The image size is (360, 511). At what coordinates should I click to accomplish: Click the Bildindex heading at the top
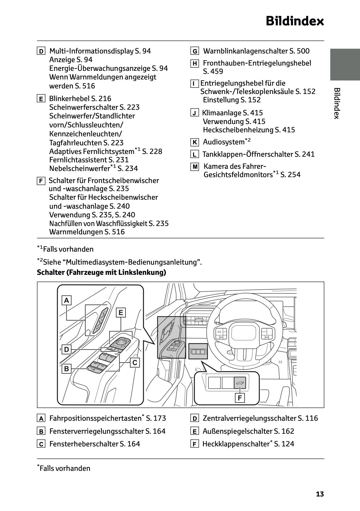pos(294,21)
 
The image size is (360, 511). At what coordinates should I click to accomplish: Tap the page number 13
pos(320,494)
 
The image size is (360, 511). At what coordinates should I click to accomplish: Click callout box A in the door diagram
pos(66,300)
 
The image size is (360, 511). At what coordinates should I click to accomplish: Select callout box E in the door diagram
pos(121,313)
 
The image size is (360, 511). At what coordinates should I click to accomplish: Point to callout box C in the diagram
pos(135,362)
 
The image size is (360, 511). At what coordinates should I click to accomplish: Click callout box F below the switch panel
pos(239,398)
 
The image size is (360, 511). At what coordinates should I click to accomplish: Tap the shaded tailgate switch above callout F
pos(240,383)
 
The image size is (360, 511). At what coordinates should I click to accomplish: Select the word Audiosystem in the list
pos(223,142)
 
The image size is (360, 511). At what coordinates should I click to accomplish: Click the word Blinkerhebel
pos(69,99)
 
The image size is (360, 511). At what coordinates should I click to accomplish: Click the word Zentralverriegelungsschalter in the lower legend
pos(249,418)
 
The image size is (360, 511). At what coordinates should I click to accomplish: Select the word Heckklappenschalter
pos(236,444)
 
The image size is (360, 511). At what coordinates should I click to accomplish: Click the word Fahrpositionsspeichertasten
pos(95,418)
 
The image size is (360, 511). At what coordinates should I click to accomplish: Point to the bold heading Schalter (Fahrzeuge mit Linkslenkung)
pos(101,272)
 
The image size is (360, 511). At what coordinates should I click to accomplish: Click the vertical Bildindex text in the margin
pos(337,103)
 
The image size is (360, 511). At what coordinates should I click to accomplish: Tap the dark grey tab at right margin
pos(345,64)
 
